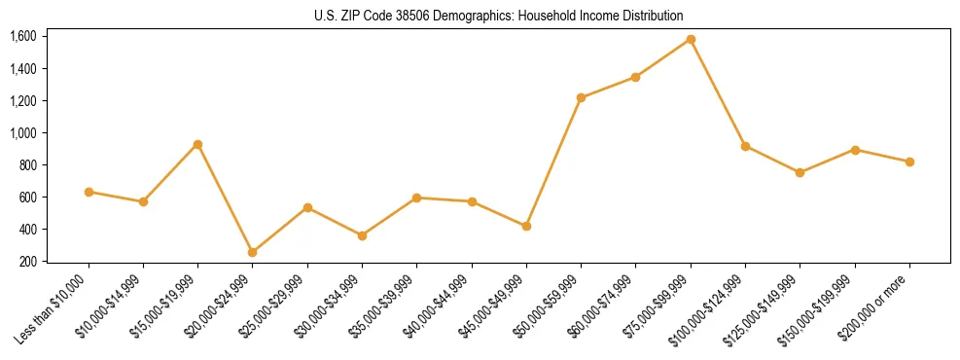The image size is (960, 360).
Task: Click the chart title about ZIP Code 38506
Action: pyautogui.click(x=498, y=16)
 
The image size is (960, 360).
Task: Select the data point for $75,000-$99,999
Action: pyautogui.click(x=691, y=39)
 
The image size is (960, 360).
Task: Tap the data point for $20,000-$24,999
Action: pyautogui.click(x=253, y=252)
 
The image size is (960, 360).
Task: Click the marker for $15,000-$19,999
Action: pyautogui.click(x=197, y=144)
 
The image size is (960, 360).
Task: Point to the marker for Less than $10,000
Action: pyautogui.click(x=89, y=192)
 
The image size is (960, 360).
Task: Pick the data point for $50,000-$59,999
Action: pyautogui.click(x=581, y=97)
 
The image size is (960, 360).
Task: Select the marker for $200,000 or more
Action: pyautogui.click(x=909, y=162)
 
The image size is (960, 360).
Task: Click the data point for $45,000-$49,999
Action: pyautogui.click(x=526, y=226)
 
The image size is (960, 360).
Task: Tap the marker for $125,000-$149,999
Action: pyautogui.click(x=800, y=172)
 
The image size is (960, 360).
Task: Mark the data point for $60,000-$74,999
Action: pyautogui.click(x=635, y=77)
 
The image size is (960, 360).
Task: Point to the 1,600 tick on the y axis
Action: pyautogui.click(x=23, y=37)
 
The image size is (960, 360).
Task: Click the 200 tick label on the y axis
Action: pyautogui.click(x=28, y=262)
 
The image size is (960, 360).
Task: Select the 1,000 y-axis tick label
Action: pyautogui.click(x=23, y=133)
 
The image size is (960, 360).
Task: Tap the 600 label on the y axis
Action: pyautogui.click(x=28, y=198)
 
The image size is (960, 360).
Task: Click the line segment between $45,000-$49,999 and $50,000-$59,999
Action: pyautogui.click(x=553, y=162)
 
